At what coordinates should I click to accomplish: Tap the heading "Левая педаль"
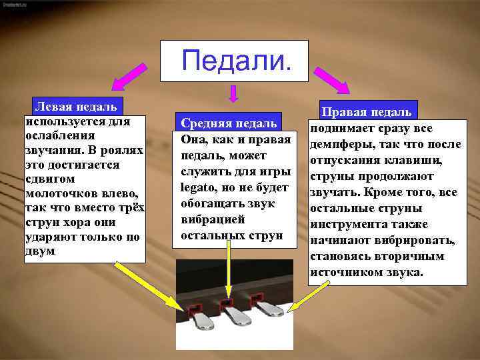coord(76,106)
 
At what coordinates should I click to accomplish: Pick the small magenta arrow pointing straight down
coord(233,94)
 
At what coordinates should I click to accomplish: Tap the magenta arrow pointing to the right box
coord(333,79)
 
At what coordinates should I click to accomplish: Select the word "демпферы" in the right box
coord(333,145)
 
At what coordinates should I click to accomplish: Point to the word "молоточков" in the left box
coord(55,193)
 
